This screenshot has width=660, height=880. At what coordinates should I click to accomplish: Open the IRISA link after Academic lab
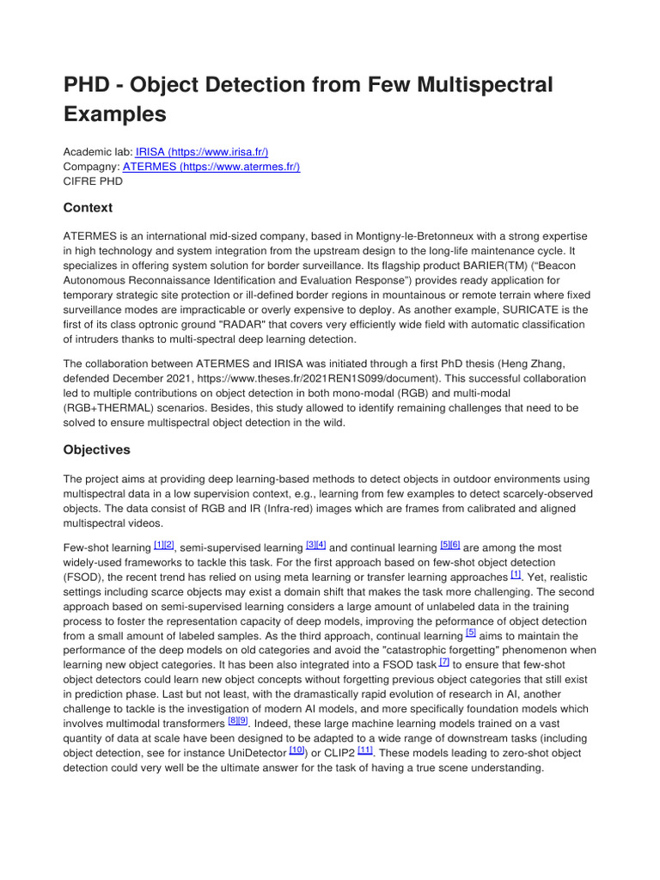click(207, 151)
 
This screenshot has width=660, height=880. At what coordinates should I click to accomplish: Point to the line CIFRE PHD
click(93, 181)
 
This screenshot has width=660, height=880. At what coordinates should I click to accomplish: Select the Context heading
click(88, 208)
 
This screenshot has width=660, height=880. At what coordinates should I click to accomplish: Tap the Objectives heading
click(96, 449)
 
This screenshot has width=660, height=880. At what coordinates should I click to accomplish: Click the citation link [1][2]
click(163, 546)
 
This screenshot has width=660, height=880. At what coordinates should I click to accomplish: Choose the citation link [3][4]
click(315, 546)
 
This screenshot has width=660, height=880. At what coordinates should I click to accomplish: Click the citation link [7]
click(443, 663)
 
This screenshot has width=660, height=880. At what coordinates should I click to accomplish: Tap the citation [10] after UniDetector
click(296, 750)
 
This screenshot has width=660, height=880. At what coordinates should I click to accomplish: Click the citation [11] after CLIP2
click(364, 750)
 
